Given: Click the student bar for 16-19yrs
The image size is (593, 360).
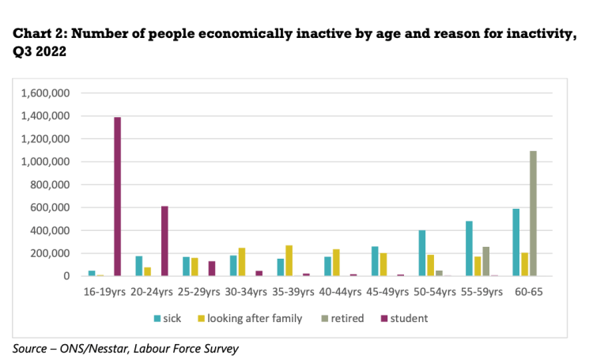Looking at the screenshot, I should pyautogui.click(x=117, y=196).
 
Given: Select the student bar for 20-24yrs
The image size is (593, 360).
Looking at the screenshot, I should pyautogui.click(x=164, y=241).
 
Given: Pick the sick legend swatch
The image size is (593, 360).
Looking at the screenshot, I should pyautogui.click(x=157, y=318).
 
